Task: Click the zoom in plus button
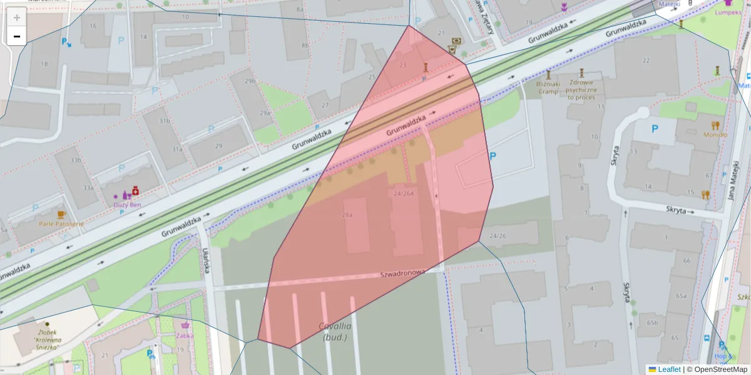[x=17, y=17]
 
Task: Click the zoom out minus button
[x=17, y=36]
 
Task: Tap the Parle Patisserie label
[x=61, y=224]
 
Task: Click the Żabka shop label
[x=185, y=335]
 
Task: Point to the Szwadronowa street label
[x=403, y=273]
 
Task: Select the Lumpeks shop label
[x=728, y=12]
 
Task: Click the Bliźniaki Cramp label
[x=548, y=87]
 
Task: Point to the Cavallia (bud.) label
[x=335, y=331]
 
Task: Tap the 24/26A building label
[x=404, y=193]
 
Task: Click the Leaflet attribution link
[x=668, y=369]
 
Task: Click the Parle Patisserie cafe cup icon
[x=61, y=214]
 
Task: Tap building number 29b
[x=250, y=81]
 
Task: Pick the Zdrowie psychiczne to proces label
[x=582, y=90]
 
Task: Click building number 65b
[x=653, y=322]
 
